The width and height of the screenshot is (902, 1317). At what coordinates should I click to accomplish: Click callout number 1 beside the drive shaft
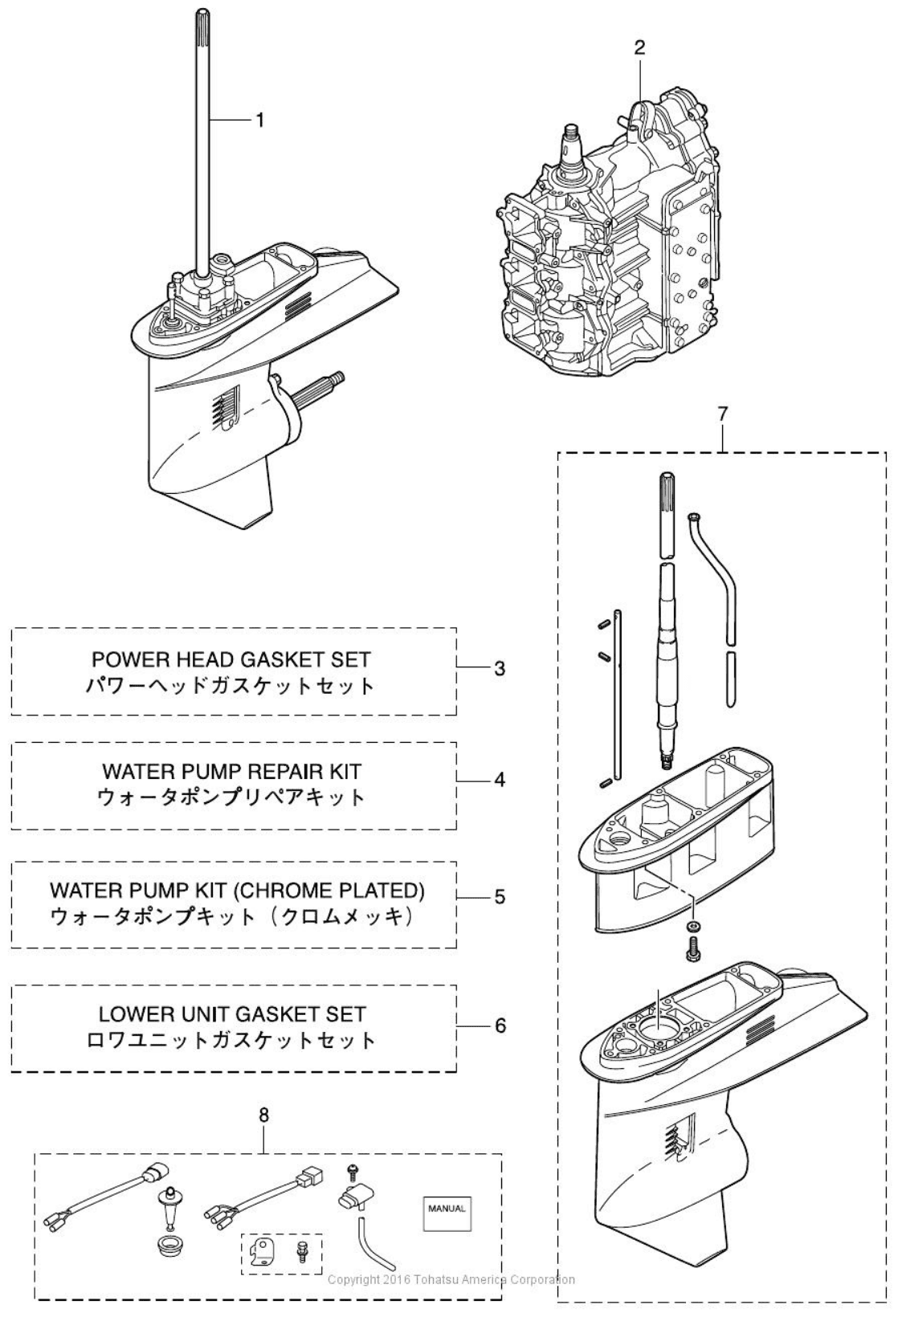pos(259,120)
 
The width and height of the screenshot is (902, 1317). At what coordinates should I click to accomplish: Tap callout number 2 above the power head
pos(639,47)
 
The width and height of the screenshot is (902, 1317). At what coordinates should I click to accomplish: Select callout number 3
pos(499,668)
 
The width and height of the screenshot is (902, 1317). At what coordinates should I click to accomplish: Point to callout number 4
pos(499,780)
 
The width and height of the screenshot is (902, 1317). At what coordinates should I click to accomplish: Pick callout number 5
pos(499,897)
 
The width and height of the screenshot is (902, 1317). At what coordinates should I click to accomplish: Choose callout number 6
pos(499,1025)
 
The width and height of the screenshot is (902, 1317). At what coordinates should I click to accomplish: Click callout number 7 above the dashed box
pos(723,414)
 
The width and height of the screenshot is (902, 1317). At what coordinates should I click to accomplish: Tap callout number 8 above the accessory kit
pos(264,1115)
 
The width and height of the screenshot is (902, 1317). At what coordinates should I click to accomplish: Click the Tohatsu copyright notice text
pos(451,1280)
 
